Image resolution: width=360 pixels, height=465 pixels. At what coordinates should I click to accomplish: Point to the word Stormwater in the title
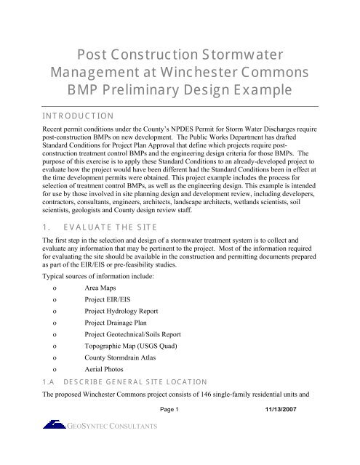(x=244, y=52)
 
